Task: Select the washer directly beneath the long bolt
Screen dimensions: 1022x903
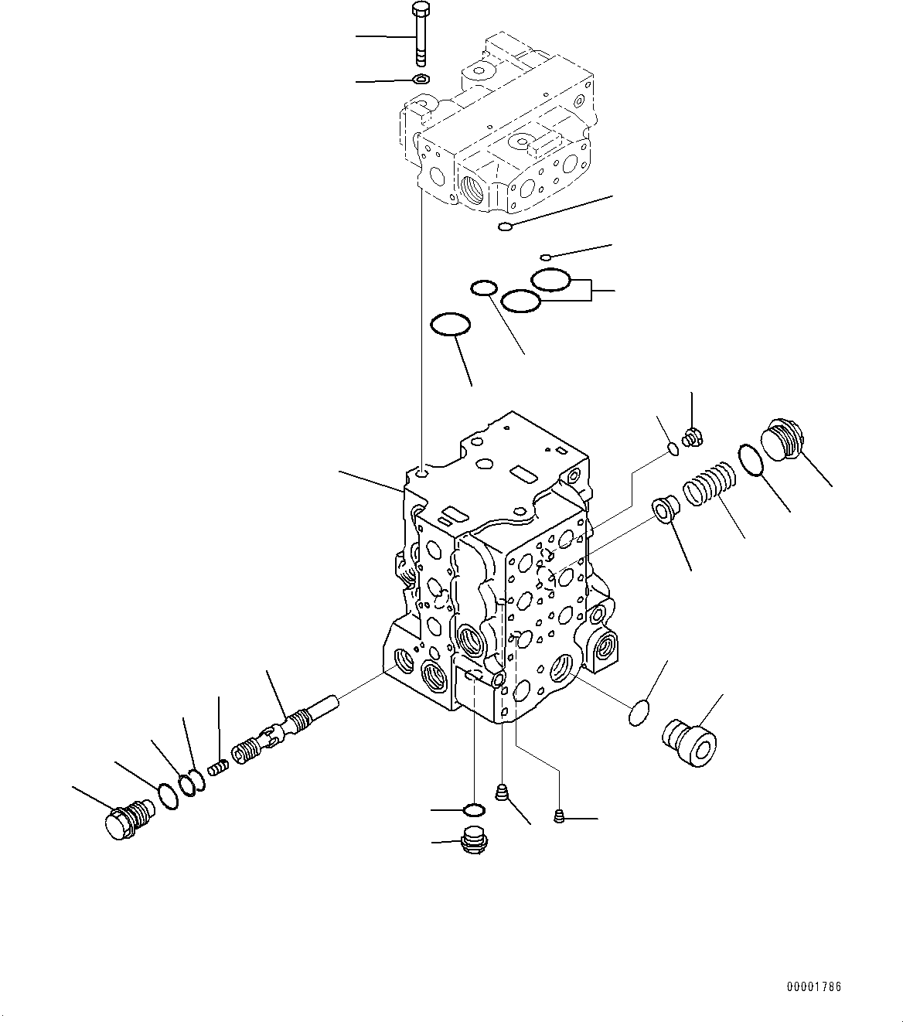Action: point(421,79)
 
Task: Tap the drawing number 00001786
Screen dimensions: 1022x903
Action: point(814,986)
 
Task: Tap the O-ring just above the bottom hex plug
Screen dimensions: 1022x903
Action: point(473,809)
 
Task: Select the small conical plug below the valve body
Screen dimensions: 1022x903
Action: point(503,792)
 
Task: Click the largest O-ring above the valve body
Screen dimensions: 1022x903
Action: point(450,324)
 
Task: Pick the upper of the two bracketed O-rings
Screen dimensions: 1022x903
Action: point(551,279)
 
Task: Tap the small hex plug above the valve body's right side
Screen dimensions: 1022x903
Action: point(690,437)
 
